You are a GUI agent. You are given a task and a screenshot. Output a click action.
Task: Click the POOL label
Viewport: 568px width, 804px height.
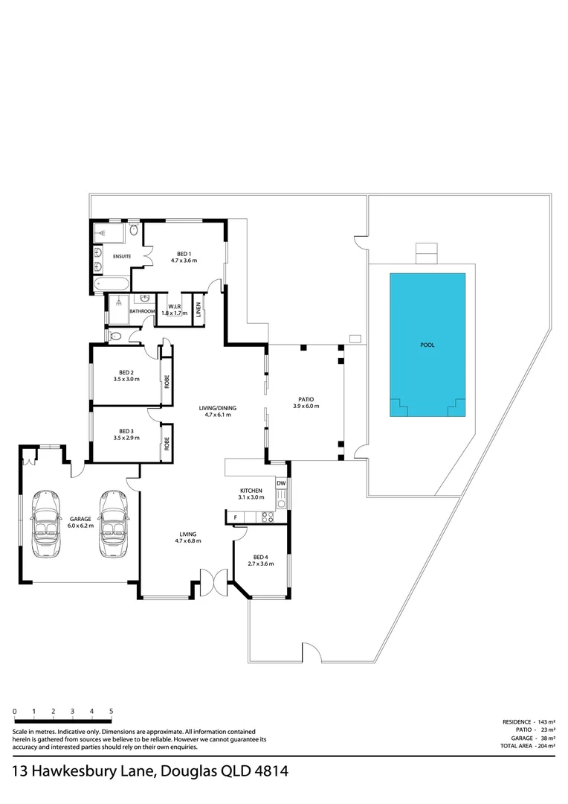[x=427, y=345]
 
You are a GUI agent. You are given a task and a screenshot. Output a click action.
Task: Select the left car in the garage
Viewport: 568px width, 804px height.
[x=46, y=523]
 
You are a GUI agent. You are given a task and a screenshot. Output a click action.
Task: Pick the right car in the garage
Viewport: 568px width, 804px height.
[x=114, y=523]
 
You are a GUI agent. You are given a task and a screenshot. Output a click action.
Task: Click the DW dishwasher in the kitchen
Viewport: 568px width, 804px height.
[x=281, y=484]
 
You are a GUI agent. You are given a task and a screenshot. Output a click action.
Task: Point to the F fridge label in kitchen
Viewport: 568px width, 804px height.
[x=235, y=517]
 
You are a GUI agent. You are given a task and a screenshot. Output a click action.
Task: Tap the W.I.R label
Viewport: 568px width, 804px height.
[x=175, y=307]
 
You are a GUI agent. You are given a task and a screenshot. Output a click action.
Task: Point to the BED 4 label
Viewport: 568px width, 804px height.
[x=259, y=558]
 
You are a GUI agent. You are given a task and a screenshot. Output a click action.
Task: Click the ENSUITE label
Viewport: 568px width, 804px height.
[x=122, y=257]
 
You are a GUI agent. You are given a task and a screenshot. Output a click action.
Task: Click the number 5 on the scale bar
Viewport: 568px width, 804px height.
[x=111, y=712]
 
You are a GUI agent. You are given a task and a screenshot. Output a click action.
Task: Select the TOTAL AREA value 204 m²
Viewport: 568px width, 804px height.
[x=546, y=745]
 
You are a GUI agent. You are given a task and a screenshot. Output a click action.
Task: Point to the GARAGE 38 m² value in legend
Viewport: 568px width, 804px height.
[x=546, y=738]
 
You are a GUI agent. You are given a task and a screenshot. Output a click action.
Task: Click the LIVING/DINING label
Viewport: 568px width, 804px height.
[x=217, y=408]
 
